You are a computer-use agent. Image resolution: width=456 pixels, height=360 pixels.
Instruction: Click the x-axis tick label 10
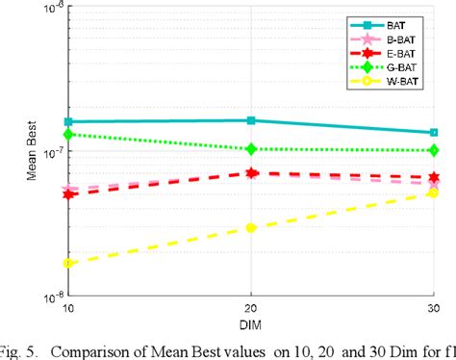(67, 308)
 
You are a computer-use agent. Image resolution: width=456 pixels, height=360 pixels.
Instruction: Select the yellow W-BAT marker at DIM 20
(251, 227)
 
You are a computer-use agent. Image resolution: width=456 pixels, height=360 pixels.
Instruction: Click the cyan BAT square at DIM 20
(251, 120)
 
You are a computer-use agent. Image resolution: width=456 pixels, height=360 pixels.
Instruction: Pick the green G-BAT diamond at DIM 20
(251, 149)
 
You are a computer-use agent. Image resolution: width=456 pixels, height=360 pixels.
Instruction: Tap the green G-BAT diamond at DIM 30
(434, 150)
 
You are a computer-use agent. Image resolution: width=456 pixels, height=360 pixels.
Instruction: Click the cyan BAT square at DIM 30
(434, 133)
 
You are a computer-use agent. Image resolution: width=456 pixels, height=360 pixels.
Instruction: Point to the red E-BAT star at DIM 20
(251, 173)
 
